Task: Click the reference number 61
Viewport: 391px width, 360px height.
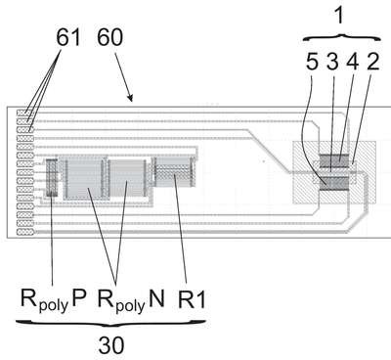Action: [x=68, y=37]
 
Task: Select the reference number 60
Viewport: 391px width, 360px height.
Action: [x=109, y=37]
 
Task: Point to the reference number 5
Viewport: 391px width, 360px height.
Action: [x=312, y=61]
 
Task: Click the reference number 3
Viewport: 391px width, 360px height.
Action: [x=332, y=61]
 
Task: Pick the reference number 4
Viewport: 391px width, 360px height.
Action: [x=352, y=61]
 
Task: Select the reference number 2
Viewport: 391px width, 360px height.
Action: [x=372, y=61]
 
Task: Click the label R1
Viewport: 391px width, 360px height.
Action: [x=193, y=299]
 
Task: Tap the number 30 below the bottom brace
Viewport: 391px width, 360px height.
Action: [x=111, y=345]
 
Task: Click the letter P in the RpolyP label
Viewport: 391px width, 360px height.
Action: [x=78, y=298]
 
